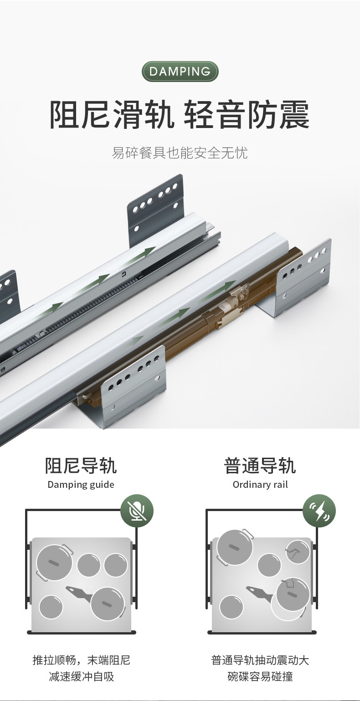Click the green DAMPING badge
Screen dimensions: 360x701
pyautogui.click(x=180, y=72)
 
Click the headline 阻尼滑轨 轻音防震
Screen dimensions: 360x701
pyautogui.click(x=180, y=115)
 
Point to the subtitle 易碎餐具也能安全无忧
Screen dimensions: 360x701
pyautogui.click(x=180, y=153)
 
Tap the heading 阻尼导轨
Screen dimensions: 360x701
pyautogui.click(x=81, y=466)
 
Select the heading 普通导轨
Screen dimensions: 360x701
pyautogui.click(x=260, y=466)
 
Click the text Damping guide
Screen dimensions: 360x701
pyautogui.click(x=81, y=484)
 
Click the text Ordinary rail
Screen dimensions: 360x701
pyautogui.click(x=260, y=485)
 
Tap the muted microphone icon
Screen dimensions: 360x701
pyautogui.click(x=137, y=511)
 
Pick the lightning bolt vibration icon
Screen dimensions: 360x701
pyautogui.click(x=319, y=511)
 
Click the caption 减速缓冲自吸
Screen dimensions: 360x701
pyautogui.click(x=81, y=677)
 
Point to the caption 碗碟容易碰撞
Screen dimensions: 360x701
pyautogui.click(x=260, y=677)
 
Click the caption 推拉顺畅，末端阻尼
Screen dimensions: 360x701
pyautogui.click(x=81, y=660)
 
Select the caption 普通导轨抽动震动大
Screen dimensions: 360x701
pyautogui.click(x=260, y=660)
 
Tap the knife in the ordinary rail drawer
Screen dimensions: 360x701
pyautogui.click(x=260, y=592)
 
